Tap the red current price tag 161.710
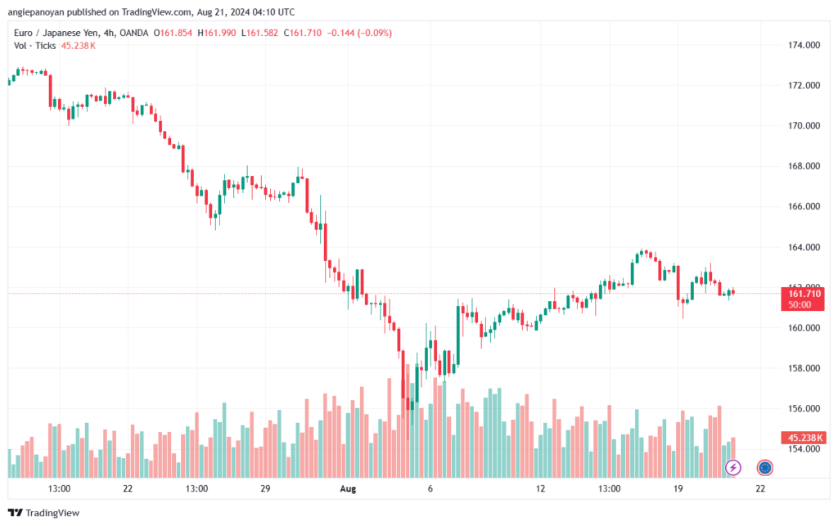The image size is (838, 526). point(804,293)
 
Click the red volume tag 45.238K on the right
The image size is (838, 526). point(804,438)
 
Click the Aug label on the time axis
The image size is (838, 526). point(349,488)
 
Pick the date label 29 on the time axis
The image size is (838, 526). point(265,488)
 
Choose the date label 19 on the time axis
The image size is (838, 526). point(678,488)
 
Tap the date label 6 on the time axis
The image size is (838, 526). point(430,488)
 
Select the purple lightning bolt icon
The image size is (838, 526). point(733,468)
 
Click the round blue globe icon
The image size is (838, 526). point(765,468)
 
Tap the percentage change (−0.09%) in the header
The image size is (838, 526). point(372,33)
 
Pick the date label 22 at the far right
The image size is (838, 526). point(760,488)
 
